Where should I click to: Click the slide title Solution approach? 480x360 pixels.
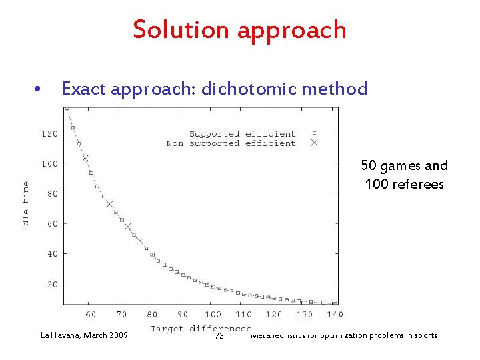pos(239,30)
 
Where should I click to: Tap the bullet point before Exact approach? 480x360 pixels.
pos(39,89)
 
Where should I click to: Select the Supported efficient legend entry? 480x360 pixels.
pos(242,134)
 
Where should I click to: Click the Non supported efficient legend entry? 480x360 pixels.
pos(231,143)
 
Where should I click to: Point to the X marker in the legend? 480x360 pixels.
pos(315,143)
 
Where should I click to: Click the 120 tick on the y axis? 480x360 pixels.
pos(51,133)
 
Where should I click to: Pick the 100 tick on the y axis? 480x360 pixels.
pos(51,163)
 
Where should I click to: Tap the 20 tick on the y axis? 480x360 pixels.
pos(53,284)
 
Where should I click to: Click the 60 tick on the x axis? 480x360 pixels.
pos(91,315)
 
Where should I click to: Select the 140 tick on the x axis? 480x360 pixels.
pos(335,315)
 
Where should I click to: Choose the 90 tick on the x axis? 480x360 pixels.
pos(182,315)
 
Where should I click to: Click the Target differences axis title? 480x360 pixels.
pos(200,328)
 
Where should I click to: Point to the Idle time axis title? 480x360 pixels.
pos(25,205)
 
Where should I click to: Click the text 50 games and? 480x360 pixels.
pos(404,165)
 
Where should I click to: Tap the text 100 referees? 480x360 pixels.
pos(404,184)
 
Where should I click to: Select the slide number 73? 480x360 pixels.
pos(219,336)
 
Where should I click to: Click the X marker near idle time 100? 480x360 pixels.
pos(85,158)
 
